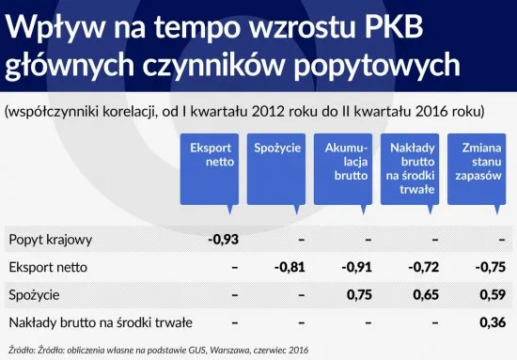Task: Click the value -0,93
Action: click(223, 239)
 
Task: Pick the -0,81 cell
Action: click(290, 267)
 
